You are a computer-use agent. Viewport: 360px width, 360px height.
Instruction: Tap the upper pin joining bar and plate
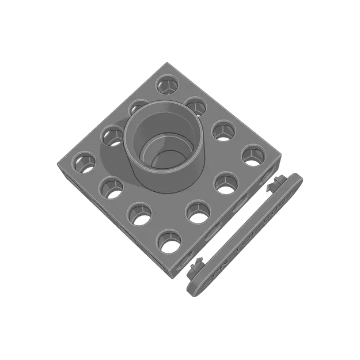[x=272, y=185]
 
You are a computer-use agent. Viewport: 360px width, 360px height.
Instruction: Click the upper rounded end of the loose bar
[x=297, y=179]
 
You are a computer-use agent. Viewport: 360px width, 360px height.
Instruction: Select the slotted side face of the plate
[x=230, y=219]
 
